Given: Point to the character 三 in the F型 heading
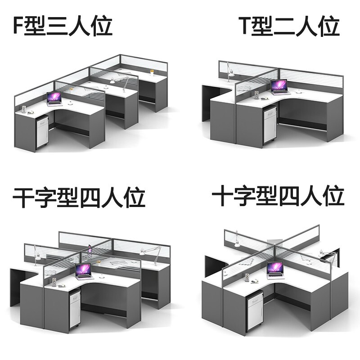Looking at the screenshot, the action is pyautogui.click(x=59, y=26).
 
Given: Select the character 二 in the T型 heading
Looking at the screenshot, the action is pyautogui.click(x=284, y=26).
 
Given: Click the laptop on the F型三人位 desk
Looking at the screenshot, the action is pyautogui.click(x=54, y=99).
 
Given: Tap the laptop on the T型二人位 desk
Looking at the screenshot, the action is pyautogui.click(x=279, y=86).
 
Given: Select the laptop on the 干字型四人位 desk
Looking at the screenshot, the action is pyautogui.click(x=83, y=271).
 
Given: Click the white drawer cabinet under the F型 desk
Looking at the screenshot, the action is pyautogui.click(x=41, y=132).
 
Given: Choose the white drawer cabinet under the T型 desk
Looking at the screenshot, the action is pyautogui.click(x=269, y=126).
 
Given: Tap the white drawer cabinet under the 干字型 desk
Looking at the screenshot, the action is pyautogui.click(x=74, y=309).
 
